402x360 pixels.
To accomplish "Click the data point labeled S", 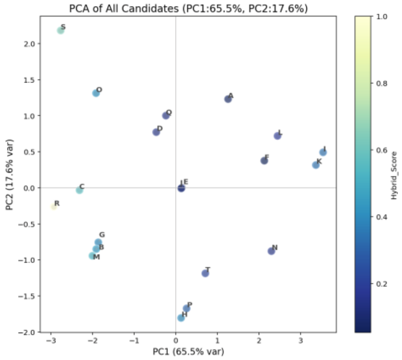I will point(60,30).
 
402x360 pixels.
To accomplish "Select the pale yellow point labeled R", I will point(54,206).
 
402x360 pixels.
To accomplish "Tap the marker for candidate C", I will point(79,190).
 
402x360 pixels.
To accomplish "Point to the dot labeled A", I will point(228,99).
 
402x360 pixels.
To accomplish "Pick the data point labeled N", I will point(272,251).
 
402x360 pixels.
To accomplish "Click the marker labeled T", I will point(205,273).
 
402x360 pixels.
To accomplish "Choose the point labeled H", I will point(181,318).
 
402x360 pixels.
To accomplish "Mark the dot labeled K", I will point(316,165).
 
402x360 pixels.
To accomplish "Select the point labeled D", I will point(156,132).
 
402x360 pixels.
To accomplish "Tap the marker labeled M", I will point(92,256).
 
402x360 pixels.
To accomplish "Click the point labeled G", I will point(98,242).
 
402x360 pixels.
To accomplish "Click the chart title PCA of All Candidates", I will point(188,8).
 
